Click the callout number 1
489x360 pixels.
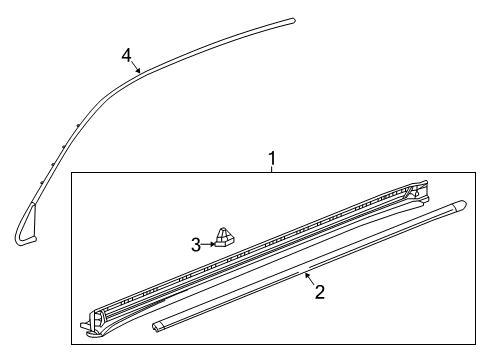click(x=271, y=158)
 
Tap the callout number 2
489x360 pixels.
click(x=319, y=293)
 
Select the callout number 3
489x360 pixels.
click(x=197, y=242)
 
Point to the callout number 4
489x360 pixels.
click(x=126, y=54)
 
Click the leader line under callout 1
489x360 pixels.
click(x=271, y=169)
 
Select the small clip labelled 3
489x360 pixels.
click(x=227, y=238)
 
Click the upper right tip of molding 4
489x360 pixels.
click(x=294, y=19)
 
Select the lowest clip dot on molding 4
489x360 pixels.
click(x=42, y=180)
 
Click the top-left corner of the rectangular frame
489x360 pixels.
click(x=71, y=173)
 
